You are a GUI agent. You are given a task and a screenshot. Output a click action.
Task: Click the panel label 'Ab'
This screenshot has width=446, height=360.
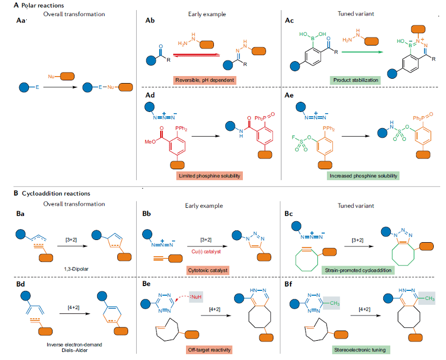[150, 20]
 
